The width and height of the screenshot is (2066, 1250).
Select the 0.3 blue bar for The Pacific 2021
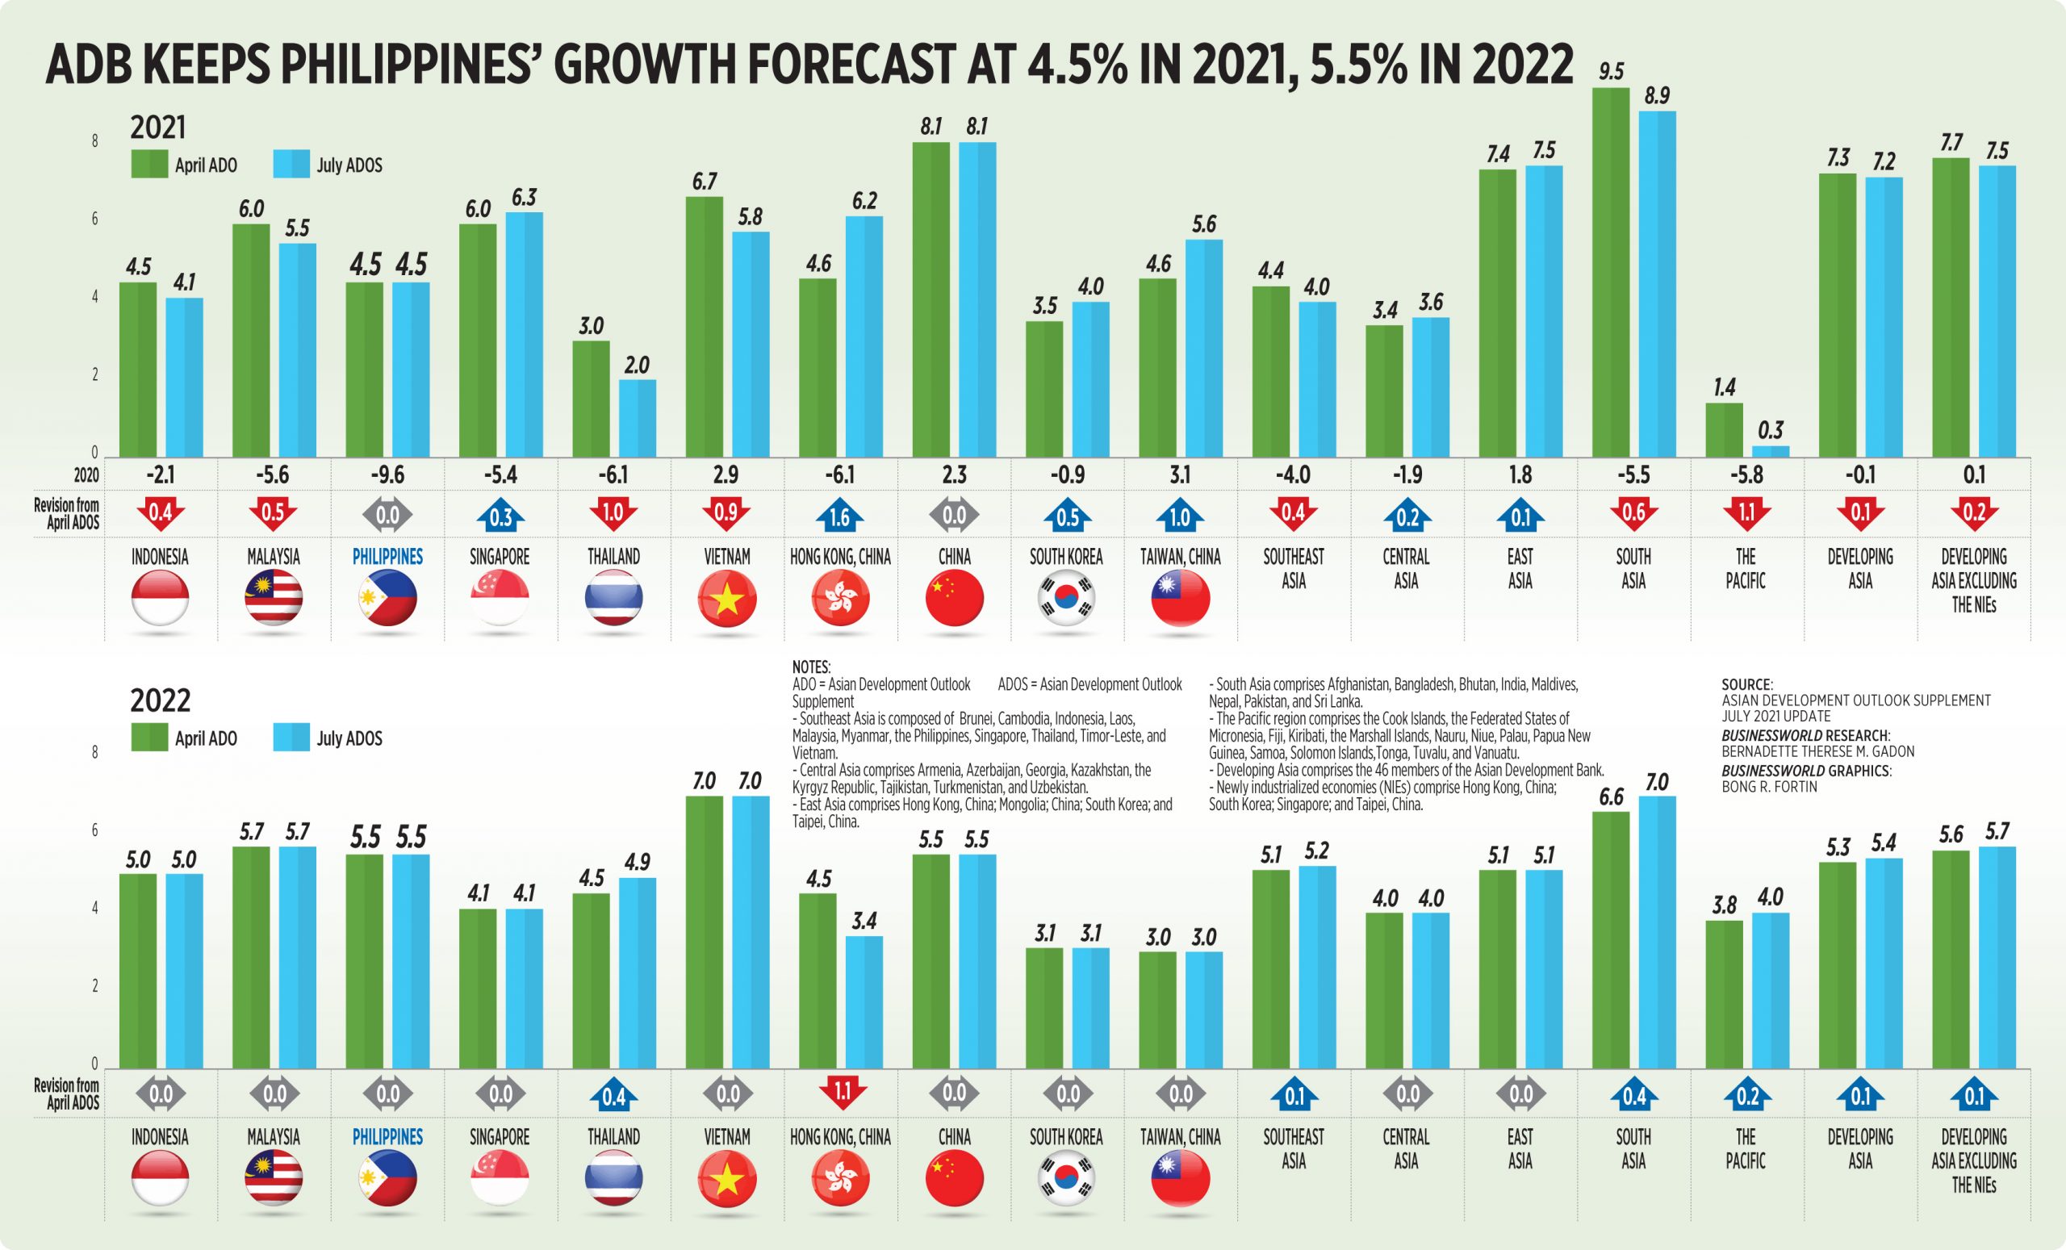coord(1770,451)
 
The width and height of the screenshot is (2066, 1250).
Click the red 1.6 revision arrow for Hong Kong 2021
coord(839,516)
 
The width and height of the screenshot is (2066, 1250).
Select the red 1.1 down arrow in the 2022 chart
coord(841,1093)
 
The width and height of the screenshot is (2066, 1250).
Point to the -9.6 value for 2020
coord(387,475)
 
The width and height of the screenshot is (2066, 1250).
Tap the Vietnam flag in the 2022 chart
coord(727,1179)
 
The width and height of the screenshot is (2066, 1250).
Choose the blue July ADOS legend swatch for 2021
coord(291,165)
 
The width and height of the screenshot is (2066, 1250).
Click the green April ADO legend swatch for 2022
coord(149,738)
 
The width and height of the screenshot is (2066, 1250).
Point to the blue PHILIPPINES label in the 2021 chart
coord(387,557)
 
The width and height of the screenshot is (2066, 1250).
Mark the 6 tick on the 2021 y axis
coord(94,219)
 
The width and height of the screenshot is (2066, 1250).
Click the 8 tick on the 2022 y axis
coord(94,752)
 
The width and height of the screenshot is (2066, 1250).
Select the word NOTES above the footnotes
coord(811,667)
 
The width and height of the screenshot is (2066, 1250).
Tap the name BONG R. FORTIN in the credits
coord(1769,785)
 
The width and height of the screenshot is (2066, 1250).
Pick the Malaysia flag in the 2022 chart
coord(274,1179)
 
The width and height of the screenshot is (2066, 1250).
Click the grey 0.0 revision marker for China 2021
coord(954,516)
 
